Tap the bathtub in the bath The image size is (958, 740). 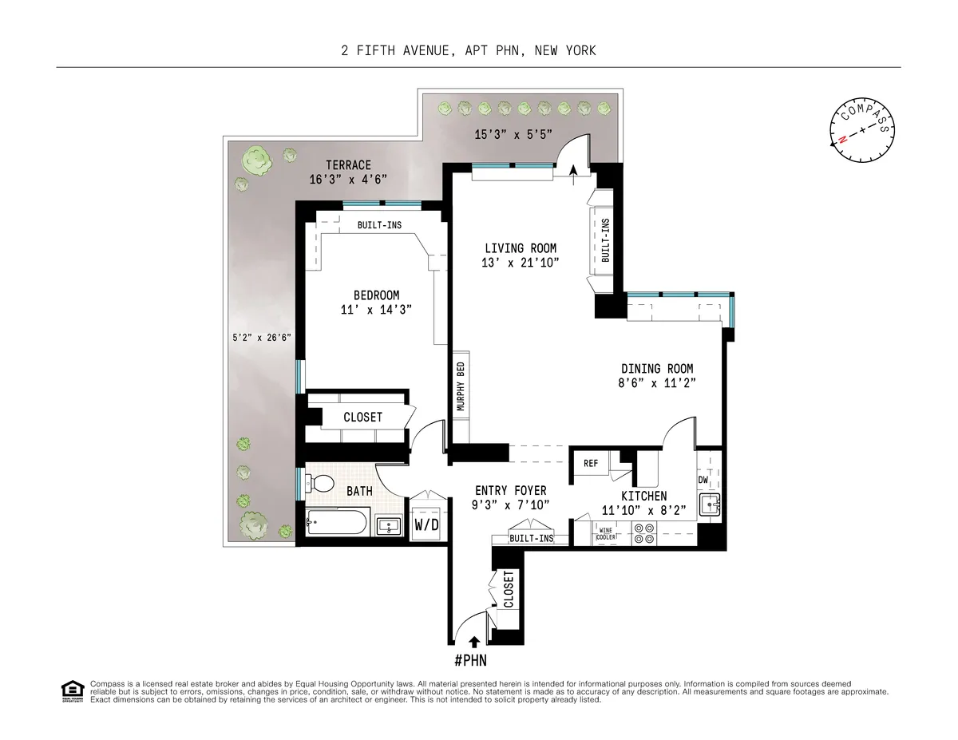click(336, 525)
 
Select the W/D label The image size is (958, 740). click(426, 524)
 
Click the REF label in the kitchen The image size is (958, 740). click(591, 463)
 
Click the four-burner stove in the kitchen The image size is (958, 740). click(643, 533)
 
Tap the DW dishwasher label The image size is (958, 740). click(703, 480)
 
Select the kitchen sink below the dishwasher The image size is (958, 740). click(708, 505)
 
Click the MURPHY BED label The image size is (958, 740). click(460, 386)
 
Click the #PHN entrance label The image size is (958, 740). click(471, 660)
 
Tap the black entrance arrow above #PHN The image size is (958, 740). click(475, 640)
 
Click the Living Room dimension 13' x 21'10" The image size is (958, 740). click(520, 262)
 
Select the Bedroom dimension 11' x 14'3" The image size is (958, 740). click(376, 309)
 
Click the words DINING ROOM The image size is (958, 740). click(657, 369)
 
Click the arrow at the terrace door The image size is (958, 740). click(573, 167)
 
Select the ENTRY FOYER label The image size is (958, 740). click(510, 490)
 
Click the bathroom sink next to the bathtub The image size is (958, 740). click(390, 526)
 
